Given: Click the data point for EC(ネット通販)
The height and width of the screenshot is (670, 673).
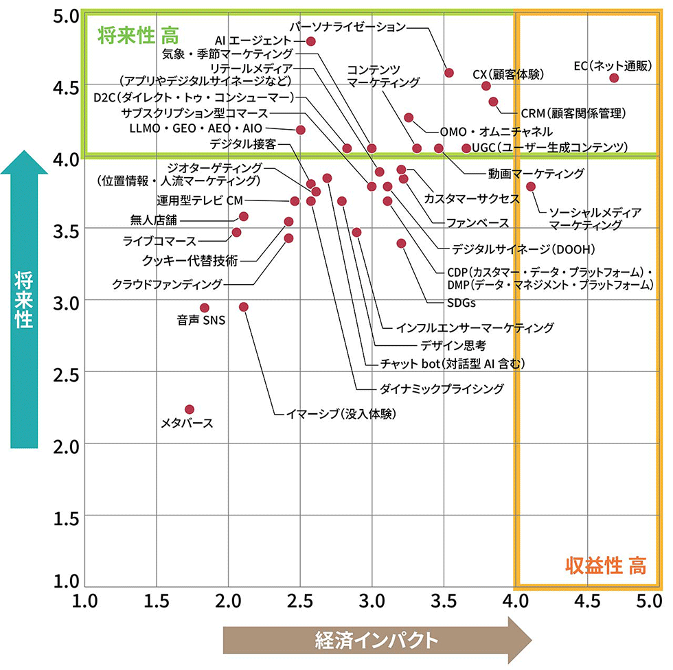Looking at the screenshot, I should click(x=614, y=78).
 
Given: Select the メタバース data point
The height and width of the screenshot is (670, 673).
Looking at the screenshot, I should click(x=190, y=409).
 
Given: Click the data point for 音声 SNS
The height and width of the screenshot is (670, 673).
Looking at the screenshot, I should click(x=204, y=308).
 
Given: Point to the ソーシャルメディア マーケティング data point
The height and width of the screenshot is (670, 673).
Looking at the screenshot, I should click(x=531, y=186).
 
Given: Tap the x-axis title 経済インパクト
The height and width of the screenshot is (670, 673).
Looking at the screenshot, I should click(x=376, y=640).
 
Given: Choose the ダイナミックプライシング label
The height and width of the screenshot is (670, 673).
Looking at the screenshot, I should click(x=442, y=389).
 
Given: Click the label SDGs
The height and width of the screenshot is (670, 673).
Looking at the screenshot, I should click(x=461, y=302).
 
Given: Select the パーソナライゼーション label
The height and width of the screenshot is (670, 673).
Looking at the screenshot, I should click(x=347, y=27).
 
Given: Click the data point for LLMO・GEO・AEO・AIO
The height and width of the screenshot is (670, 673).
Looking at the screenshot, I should click(x=300, y=129).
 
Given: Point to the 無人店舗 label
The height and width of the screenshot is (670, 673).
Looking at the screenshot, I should click(x=153, y=220).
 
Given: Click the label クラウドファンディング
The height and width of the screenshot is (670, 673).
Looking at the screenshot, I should click(x=167, y=284).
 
